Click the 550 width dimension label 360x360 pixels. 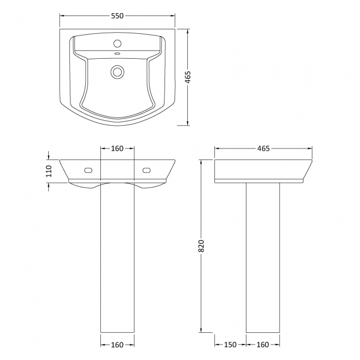coord(117,16)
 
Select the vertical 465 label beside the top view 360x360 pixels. coord(188,77)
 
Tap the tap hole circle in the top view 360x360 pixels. coord(117,43)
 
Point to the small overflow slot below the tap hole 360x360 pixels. coord(117,54)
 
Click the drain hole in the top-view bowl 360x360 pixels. coord(117,71)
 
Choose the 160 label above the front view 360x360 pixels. coord(117,148)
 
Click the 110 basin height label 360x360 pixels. coord(48,171)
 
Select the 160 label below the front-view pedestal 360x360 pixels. coord(117,345)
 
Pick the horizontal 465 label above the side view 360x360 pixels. coord(263,148)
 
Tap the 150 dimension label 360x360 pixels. coord(230,345)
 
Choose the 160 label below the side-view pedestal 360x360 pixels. coord(263,345)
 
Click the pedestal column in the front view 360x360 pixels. coord(117,260)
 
